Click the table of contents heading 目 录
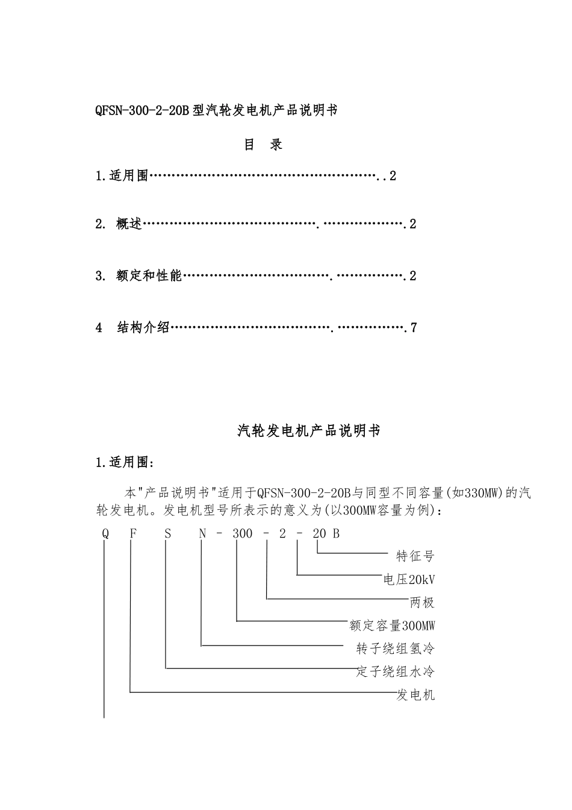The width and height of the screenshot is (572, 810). tap(263, 145)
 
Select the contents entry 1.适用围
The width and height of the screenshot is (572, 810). tap(122, 177)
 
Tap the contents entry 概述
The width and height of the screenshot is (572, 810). tap(129, 224)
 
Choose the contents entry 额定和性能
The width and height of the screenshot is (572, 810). tap(149, 276)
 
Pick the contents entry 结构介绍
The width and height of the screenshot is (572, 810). tap(143, 328)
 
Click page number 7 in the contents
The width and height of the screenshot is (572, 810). tap(413, 328)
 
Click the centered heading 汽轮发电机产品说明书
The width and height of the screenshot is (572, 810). tap(309, 431)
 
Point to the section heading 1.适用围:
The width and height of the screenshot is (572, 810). tap(125, 463)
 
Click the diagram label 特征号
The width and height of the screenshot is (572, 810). tap(415, 556)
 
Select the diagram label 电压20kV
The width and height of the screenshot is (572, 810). tap(409, 579)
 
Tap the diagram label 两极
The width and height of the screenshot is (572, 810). tap(422, 602)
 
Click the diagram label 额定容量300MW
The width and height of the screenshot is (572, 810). tap(392, 626)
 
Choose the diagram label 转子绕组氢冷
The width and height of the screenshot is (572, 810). tap(396, 648)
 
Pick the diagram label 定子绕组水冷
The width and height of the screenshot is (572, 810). tap(396, 671)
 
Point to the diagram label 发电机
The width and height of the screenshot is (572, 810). tap(415, 695)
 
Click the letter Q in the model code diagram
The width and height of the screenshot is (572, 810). tap(105, 533)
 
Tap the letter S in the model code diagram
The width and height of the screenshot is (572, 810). tap(168, 533)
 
